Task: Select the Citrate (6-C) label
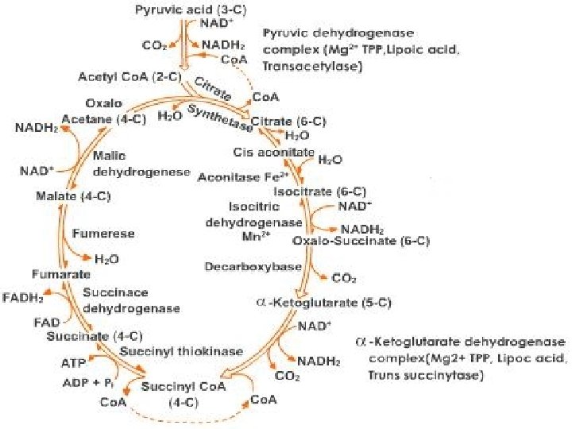click(x=288, y=121)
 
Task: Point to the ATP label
click(x=74, y=362)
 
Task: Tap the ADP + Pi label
click(x=86, y=381)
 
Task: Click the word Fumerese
click(x=103, y=234)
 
